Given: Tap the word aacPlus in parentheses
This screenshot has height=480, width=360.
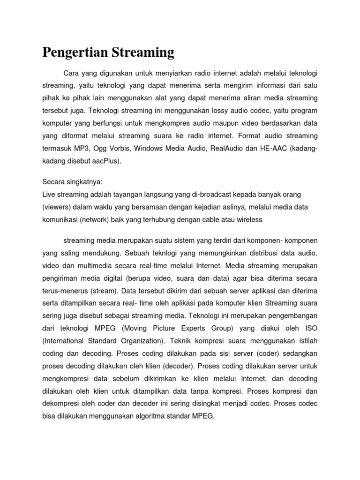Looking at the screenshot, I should (x=104, y=161).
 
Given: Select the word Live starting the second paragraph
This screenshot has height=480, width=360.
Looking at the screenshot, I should (x=49, y=194).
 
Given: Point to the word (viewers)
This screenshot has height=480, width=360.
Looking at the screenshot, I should (x=57, y=207).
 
